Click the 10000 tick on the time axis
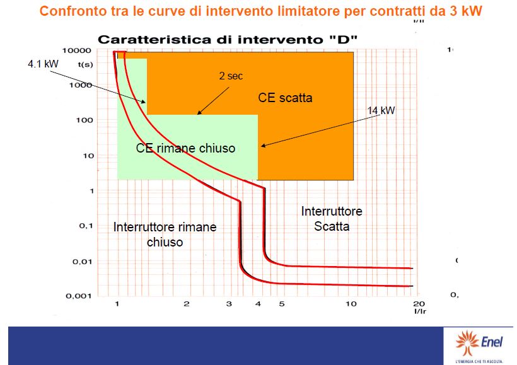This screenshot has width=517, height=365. [x=76, y=50]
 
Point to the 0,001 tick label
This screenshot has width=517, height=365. [x=78, y=296]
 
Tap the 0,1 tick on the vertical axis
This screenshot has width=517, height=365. [x=86, y=226]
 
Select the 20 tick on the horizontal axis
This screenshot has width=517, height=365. [x=419, y=303]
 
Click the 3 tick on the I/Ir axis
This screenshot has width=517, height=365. [x=229, y=304]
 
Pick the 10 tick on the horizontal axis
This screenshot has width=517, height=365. [x=351, y=304]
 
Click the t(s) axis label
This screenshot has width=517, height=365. [x=85, y=64]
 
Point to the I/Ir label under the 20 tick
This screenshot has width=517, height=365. [x=420, y=311]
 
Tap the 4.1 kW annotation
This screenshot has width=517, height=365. [x=44, y=64]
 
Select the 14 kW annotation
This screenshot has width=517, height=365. [x=381, y=110]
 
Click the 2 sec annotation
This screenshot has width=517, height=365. [x=231, y=76]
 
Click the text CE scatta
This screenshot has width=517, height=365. [x=285, y=98]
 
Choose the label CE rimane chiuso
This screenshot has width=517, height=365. [x=185, y=148]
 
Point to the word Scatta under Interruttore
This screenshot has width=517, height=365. [x=332, y=226]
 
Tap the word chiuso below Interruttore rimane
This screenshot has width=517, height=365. [x=165, y=242]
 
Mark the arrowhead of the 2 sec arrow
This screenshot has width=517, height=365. [x=199, y=113]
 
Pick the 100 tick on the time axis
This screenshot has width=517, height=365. [x=84, y=120]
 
